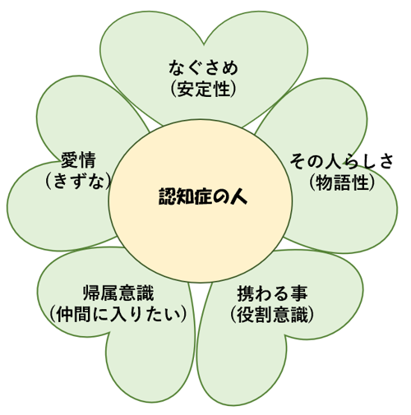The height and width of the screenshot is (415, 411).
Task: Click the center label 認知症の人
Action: pyautogui.click(x=203, y=196)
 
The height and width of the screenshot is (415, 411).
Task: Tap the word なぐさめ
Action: pyautogui.click(x=203, y=67)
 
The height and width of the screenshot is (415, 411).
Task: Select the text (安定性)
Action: pyautogui.click(x=203, y=89)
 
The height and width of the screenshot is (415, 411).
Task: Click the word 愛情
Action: pyautogui.click(x=78, y=160)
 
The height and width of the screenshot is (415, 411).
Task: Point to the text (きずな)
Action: pyautogui.click(x=78, y=181)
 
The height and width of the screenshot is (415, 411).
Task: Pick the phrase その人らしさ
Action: pyautogui.click(x=342, y=161)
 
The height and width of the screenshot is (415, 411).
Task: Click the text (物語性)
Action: pyautogui.click(x=342, y=182)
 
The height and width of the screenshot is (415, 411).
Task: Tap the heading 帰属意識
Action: pyautogui.click(x=118, y=293)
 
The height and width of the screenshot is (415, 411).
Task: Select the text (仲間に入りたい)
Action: pyautogui.click(x=118, y=314)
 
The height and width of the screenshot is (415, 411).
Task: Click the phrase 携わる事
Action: pyautogui.click(x=272, y=293)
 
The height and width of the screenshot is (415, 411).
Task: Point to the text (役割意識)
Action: pyautogui.click(x=272, y=315)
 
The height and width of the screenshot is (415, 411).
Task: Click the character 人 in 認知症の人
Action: pyautogui.click(x=238, y=196)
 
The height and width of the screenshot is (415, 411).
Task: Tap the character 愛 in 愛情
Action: pyautogui.click(x=70, y=160)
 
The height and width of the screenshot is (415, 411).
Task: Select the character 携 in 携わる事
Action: pyautogui.click(x=246, y=293)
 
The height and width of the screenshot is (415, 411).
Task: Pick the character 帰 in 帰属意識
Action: pyautogui.click(x=91, y=293)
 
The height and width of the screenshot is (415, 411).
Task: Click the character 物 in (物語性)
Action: pyautogui.click(x=324, y=182)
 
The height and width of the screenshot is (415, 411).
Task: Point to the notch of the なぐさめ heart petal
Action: pyautogui.click(x=204, y=44)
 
